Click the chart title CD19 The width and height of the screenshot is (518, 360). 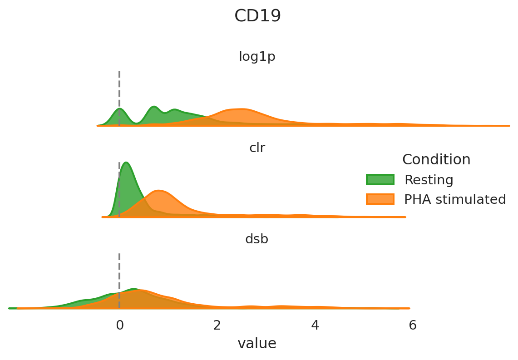click(x=257, y=16)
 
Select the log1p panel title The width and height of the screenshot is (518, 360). click(x=257, y=57)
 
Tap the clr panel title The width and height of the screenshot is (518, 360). click(x=257, y=148)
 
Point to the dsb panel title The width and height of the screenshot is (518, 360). click(x=257, y=239)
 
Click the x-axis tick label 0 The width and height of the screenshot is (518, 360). click(x=119, y=325)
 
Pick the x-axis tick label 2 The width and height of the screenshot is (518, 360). click(x=217, y=325)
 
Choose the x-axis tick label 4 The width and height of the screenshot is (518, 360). click(x=315, y=325)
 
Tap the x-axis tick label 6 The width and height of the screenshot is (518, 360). click(x=412, y=325)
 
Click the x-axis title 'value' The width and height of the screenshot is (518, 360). click(x=257, y=344)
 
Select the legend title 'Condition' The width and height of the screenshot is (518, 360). click(x=436, y=160)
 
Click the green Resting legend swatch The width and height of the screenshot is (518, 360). click(x=380, y=180)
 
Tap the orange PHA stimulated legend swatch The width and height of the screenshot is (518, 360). click(x=380, y=199)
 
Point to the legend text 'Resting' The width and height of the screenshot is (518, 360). click(x=429, y=180)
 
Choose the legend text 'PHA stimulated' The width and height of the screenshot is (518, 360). click(x=455, y=200)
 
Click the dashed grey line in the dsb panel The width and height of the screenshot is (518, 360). click(x=119, y=272)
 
